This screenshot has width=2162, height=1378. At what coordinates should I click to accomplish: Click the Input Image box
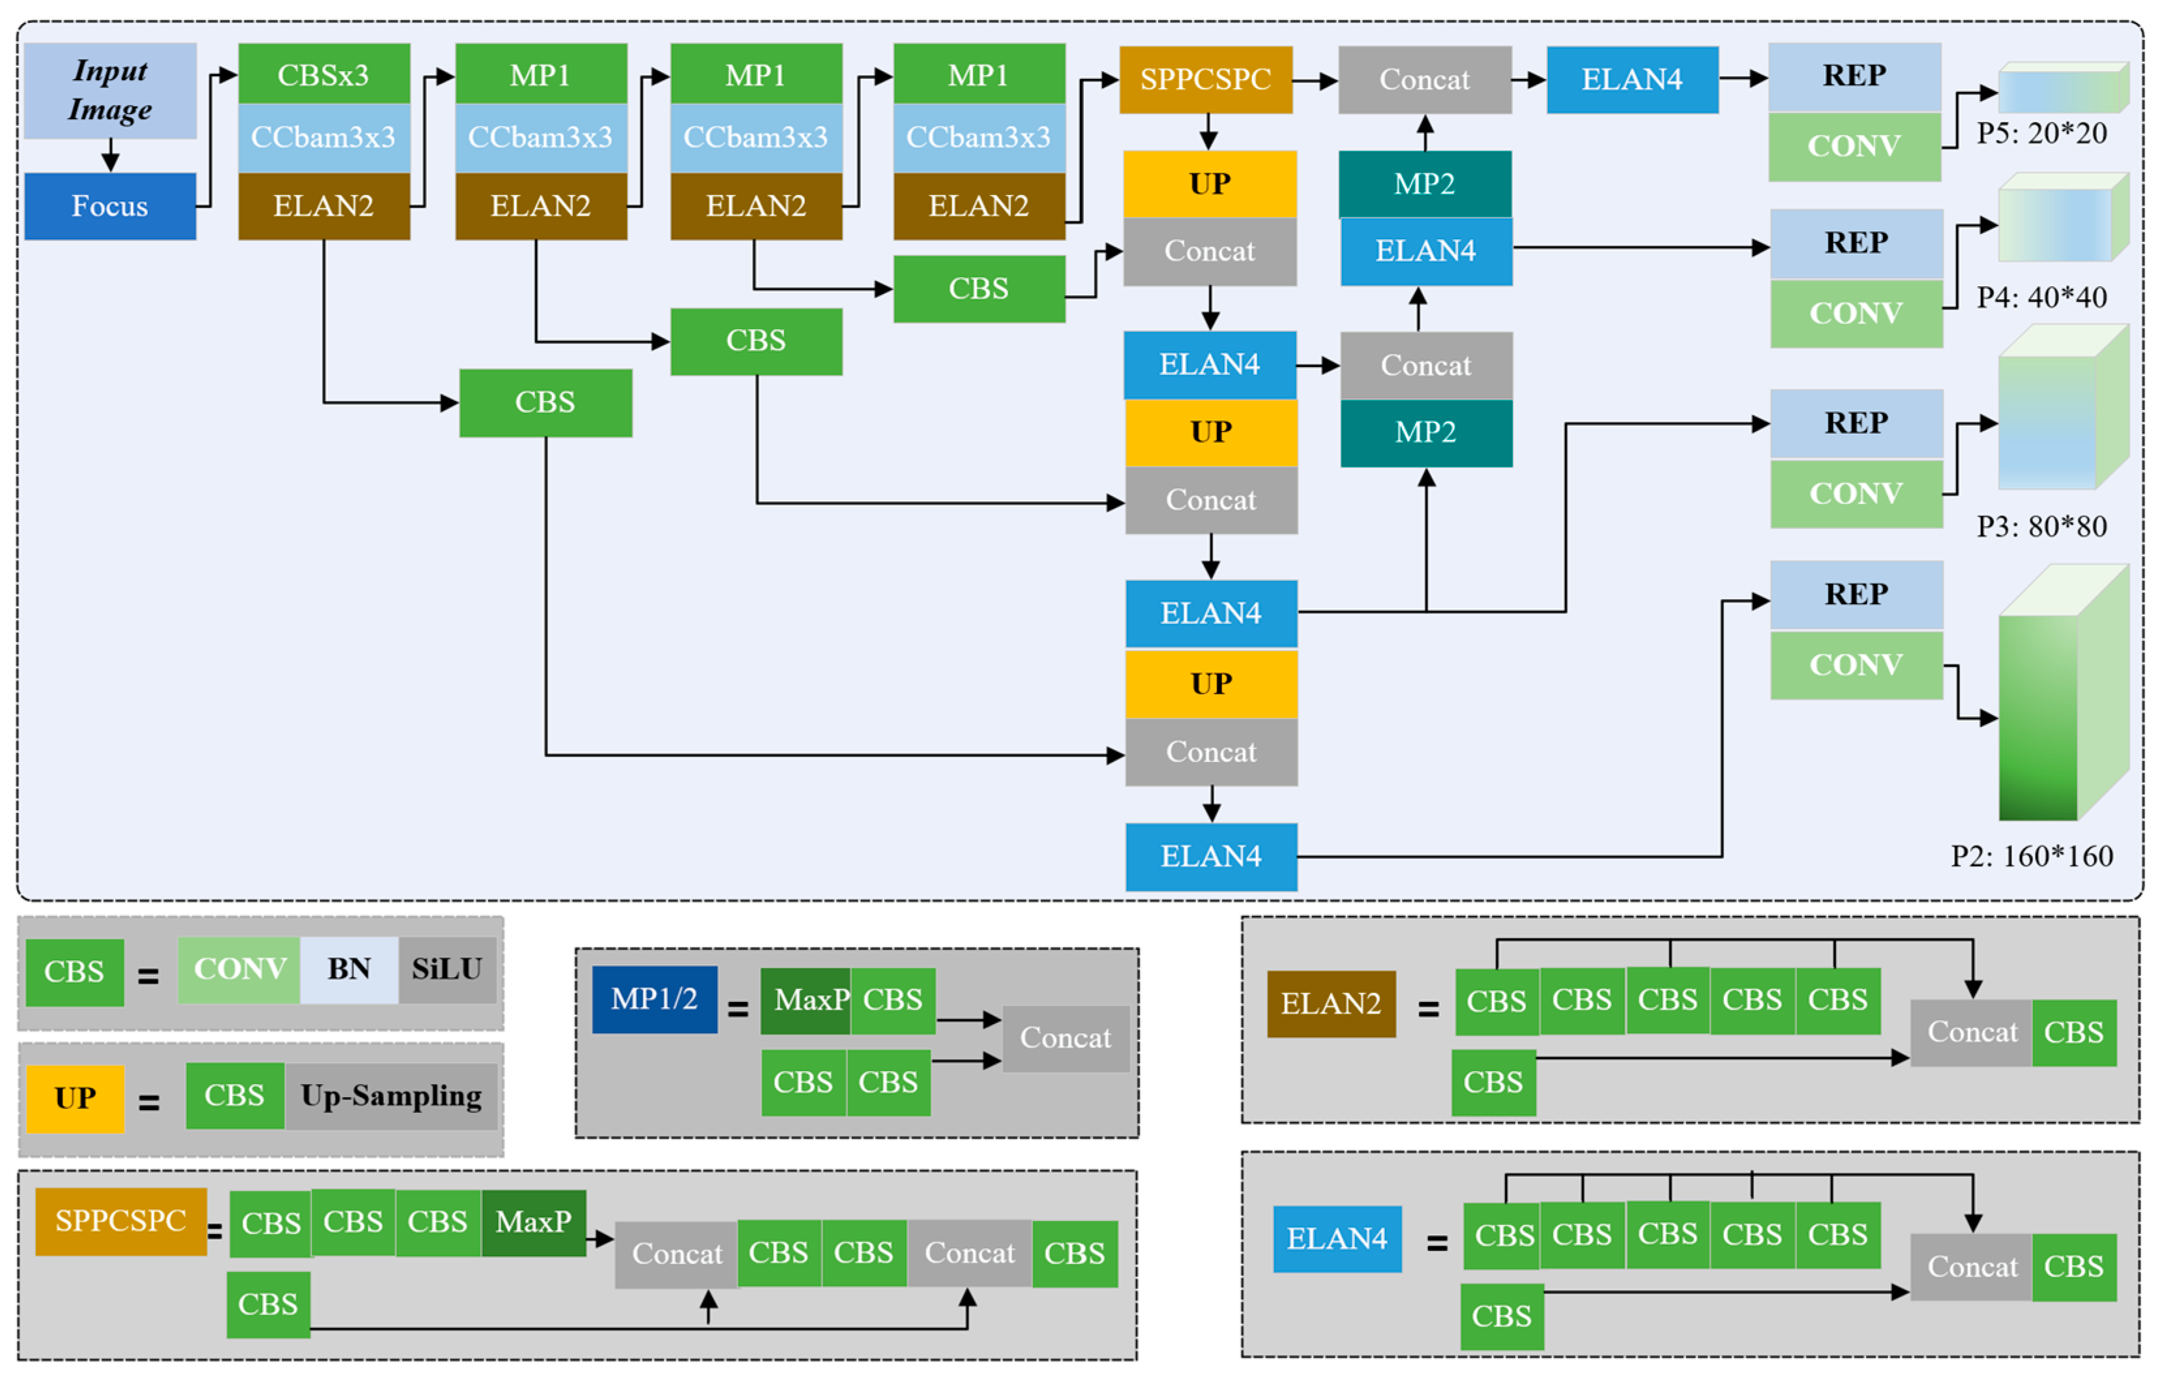110,91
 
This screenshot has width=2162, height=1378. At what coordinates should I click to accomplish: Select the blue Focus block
110,207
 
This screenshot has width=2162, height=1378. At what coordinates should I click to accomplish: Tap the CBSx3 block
324,74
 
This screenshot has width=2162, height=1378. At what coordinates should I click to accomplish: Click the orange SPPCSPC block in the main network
1206,80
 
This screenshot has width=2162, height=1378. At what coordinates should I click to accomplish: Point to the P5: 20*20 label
2041,134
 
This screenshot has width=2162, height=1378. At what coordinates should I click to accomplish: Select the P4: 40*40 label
2041,297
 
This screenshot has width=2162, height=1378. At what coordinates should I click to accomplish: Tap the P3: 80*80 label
2041,526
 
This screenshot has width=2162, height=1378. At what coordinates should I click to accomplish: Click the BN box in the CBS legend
349,969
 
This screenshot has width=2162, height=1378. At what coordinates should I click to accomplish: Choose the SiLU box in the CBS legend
447,969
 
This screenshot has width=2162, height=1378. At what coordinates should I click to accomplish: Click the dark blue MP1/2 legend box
654,999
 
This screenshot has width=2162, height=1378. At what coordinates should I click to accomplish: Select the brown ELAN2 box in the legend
1332,1004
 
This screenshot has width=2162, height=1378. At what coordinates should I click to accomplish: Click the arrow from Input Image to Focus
110,155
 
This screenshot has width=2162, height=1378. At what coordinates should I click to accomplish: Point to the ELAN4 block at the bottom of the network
1211,857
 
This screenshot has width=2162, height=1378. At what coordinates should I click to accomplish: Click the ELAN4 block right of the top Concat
1632,80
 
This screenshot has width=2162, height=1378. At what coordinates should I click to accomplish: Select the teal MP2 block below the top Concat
1425,184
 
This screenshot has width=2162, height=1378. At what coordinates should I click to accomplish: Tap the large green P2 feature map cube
2063,693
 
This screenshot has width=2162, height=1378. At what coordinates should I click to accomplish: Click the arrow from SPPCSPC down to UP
1208,132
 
